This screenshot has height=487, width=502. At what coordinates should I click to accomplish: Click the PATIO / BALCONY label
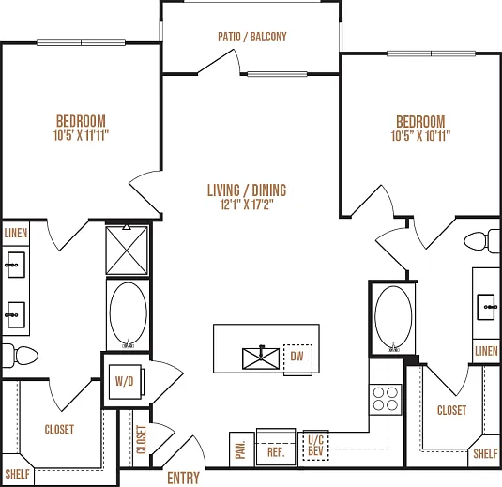point(252,37)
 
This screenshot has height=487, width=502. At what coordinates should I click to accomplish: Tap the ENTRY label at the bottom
point(184,478)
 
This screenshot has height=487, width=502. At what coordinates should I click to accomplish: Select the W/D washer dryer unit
point(125,382)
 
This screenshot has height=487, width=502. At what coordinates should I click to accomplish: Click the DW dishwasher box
point(297,358)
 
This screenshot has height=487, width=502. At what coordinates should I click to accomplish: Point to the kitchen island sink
point(261,358)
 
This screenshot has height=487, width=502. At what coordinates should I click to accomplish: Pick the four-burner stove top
point(386,400)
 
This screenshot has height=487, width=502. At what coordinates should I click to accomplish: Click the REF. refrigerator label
point(276,452)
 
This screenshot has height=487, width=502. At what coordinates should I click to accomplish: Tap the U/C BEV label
point(315,446)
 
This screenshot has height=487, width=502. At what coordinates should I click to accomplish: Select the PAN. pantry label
point(240,449)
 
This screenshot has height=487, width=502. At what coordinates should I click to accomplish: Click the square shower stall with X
point(127,251)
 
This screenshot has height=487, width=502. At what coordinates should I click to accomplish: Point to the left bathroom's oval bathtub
point(128,314)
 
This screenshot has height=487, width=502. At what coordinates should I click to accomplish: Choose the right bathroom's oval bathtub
point(393,318)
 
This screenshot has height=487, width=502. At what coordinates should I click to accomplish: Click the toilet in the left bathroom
point(20,356)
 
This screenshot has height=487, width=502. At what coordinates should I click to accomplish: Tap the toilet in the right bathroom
point(482,241)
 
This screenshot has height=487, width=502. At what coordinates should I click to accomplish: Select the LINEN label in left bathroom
point(16,233)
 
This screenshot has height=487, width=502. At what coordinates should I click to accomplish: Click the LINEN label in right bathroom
point(486,351)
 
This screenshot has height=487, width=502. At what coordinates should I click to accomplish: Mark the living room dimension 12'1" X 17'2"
point(247,205)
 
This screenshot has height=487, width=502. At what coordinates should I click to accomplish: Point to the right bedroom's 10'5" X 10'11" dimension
point(420,136)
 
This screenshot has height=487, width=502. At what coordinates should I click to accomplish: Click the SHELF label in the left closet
point(17,474)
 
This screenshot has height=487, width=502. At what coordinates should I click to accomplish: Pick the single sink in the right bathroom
point(486,307)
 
